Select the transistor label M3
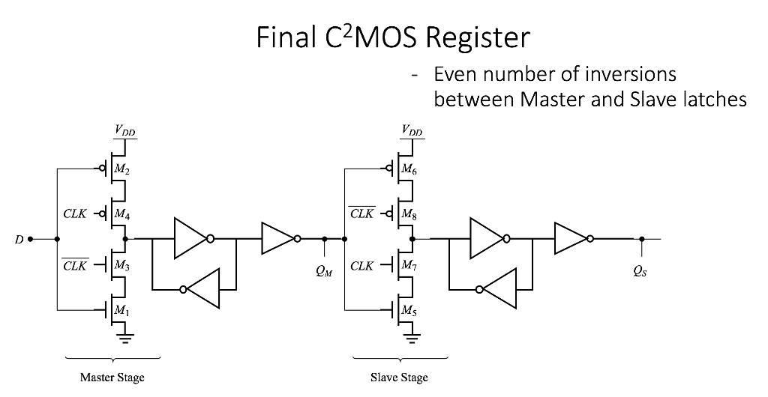pyautogui.click(x=122, y=264)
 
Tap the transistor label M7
pyautogui.click(x=409, y=264)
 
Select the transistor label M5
pyautogui.click(x=409, y=312)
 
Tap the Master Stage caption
pyautogui.click(x=112, y=378)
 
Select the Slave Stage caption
pyautogui.click(x=399, y=378)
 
